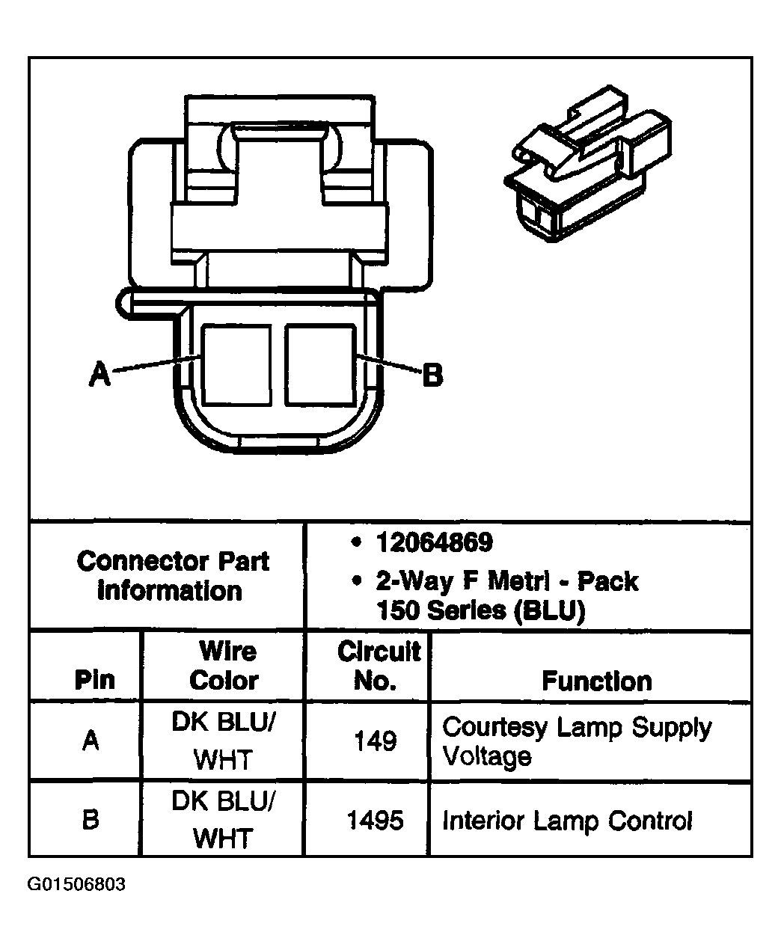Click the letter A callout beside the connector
pos(99,373)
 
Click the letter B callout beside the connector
pos(432,375)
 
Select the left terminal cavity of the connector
pos(236,365)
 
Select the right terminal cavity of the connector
pos(319,365)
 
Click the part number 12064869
pos(434,543)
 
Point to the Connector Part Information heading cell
pos(172,576)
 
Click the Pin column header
pos(95,680)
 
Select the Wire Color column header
pos(224,666)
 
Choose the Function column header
pos(596,681)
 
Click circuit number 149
pos(375,741)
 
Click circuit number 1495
pos(375,821)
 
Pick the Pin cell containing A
pos(91,741)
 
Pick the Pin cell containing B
pos(91,820)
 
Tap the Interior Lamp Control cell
pos(567,821)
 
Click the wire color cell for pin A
pos(224,741)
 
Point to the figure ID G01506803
pos(76,885)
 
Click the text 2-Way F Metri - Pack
pos(506,581)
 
